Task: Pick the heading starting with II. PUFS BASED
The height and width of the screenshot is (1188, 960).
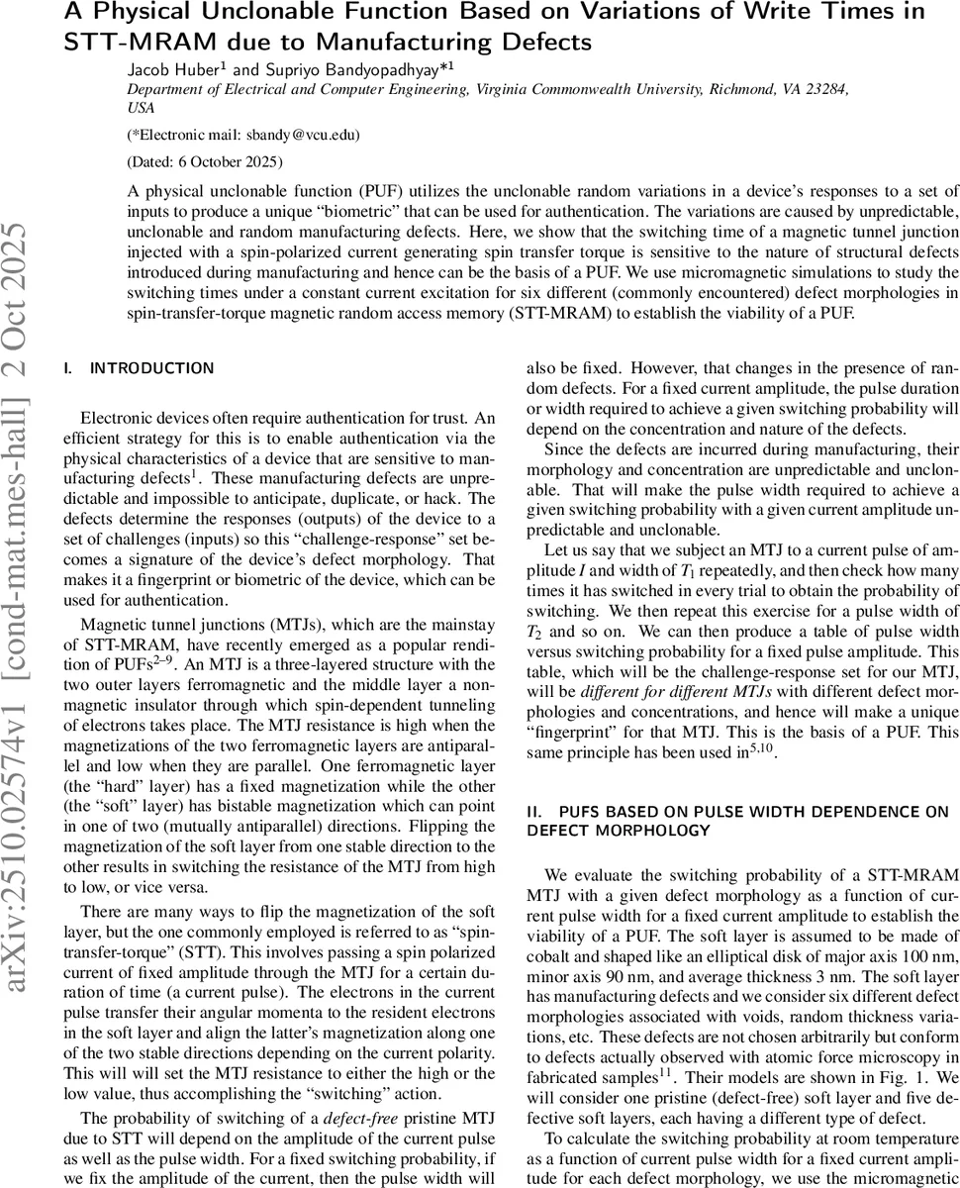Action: (x=737, y=820)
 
